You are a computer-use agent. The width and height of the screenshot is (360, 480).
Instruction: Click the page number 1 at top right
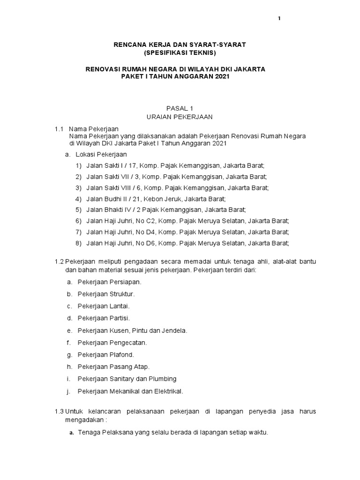click(x=279, y=18)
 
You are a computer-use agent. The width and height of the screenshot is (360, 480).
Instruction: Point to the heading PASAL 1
click(x=175, y=108)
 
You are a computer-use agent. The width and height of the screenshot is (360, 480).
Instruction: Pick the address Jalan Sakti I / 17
click(x=112, y=166)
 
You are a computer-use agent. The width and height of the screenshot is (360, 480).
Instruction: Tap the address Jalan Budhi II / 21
click(x=114, y=199)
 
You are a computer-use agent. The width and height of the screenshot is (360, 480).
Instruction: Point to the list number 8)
click(x=78, y=243)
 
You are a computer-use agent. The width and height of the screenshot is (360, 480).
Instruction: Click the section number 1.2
click(x=59, y=261)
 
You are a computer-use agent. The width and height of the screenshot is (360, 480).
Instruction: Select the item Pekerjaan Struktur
click(x=106, y=294)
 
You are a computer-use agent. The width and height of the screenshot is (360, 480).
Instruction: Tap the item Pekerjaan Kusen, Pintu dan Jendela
click(x=132, y=330)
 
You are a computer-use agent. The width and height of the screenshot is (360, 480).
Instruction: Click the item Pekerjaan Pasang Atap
click(x=113, y=367)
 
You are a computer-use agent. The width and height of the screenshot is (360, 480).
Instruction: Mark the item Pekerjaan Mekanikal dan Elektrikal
click(x=130, y=390)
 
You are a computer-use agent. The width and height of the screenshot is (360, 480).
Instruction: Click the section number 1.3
click(x=59, y=411)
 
